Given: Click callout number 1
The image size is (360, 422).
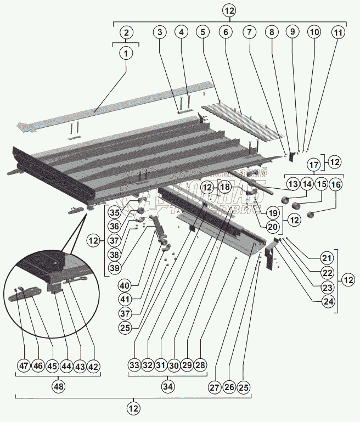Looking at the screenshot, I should pyautogui.click(x=126, y=54).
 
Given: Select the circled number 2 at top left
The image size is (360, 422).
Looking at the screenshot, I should pyautogui.click(x=126, y=32).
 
